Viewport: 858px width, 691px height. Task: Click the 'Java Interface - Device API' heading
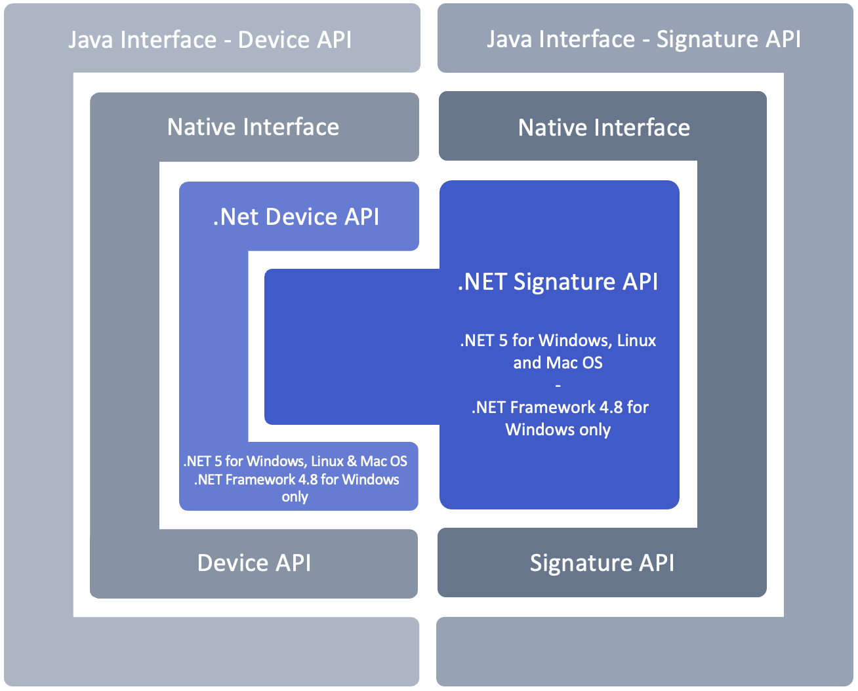(x=210, y=40)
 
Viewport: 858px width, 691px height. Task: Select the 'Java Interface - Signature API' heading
(x=643, y=39)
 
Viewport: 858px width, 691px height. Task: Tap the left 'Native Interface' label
(x=253, y=127)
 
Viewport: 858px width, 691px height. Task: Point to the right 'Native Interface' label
(x=603, y=127)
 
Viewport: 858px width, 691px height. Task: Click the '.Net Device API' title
(x=296, y=217)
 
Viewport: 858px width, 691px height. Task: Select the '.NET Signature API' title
(x=558, y=281)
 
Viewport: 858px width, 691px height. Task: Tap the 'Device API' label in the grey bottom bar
(x=254, y=563)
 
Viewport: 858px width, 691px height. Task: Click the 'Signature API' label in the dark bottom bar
(x=602, y=563)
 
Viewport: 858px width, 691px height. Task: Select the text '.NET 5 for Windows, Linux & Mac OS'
(x=295, y=462)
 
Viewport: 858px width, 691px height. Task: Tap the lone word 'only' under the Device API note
(x=295, y=497)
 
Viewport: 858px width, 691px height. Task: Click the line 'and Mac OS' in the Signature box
(x=558, y=363)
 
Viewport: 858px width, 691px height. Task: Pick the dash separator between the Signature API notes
(x=558, y=385)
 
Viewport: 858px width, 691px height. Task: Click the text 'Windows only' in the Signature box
(x=558, y=430)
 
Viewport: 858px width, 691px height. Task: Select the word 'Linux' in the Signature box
(x=636, y=341)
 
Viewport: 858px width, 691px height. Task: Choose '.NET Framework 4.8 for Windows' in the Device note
(x=296, y=480)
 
